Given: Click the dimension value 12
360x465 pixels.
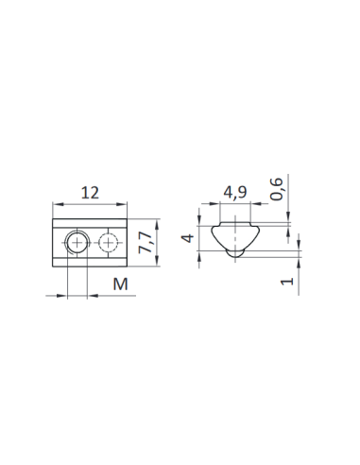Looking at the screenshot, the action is [x=90, y=193].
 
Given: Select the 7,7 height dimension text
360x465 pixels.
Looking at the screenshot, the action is [x=146, y=242].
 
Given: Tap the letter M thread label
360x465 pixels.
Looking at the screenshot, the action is [x=121, y=284].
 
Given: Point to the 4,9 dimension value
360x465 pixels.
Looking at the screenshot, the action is [x=235, y=192].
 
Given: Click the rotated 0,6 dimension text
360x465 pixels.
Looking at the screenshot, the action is [x=277, y=189].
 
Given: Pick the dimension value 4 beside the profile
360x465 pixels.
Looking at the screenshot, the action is [x=188, y=238].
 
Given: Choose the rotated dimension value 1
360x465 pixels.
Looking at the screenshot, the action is [x=287, y=281].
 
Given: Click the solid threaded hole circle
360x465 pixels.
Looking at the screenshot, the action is [x=77, y=243].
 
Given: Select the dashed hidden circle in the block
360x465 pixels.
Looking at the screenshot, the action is [x=108, y=243].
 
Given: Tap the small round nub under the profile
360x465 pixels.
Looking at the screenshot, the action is [x=235, y=254].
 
